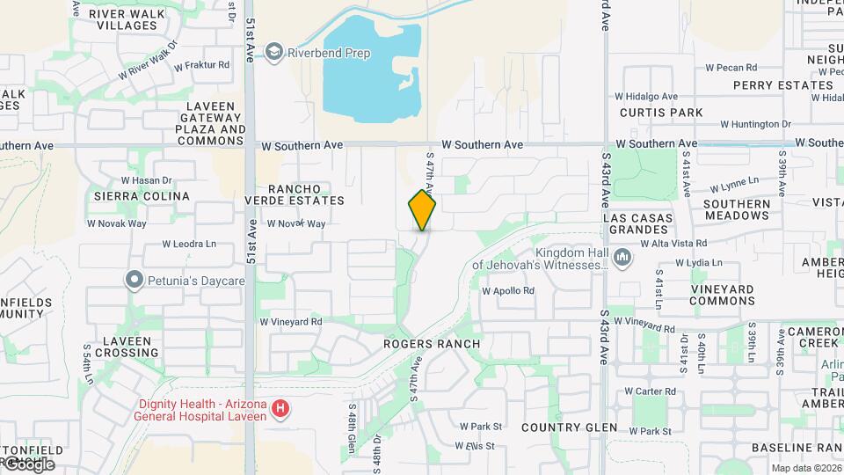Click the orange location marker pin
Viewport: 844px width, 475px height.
pos(422,210)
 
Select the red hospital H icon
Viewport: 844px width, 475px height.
pos(280,408)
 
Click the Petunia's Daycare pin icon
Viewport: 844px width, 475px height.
pos(135,281)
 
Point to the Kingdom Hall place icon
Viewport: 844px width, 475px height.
pos(622,258)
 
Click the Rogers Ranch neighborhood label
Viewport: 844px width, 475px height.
pos(432,344)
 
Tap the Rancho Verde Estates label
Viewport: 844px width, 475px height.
pos(294,194)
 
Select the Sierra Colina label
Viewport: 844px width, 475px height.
pos(142,196)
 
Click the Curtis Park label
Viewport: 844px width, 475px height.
pos(661,113)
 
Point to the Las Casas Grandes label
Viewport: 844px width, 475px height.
pos(638,223)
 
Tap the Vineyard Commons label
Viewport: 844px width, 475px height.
pos(709,295)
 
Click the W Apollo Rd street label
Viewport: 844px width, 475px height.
pos(507,290)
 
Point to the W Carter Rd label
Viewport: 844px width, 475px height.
pos(650,391)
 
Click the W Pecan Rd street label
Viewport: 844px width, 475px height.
pos(724,68)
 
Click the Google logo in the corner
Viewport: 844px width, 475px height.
pos(28,464)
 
